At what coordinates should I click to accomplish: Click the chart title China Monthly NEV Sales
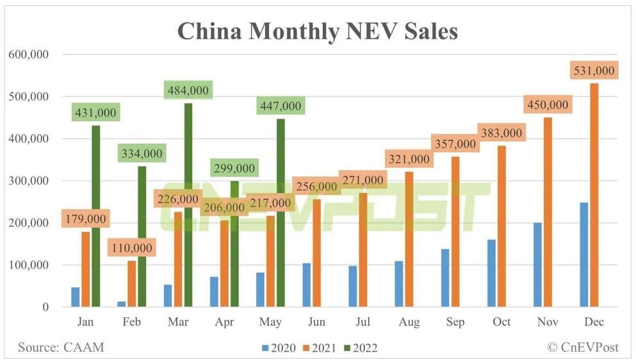coord(317,31)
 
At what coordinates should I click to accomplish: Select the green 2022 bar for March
coord(189,205)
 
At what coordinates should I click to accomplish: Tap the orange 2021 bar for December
coord(594,195)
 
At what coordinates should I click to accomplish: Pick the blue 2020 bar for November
coord(537,265)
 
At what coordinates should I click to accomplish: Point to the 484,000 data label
coord(188,90)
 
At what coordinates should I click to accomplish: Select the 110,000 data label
coord(131,247)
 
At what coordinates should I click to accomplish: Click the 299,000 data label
coord(233,169)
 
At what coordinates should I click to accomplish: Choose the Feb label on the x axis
coord(131,322)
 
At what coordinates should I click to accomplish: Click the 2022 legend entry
coord(359,348)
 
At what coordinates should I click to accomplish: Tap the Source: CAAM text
coord(61,347)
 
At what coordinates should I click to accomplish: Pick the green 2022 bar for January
coord(95,216)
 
